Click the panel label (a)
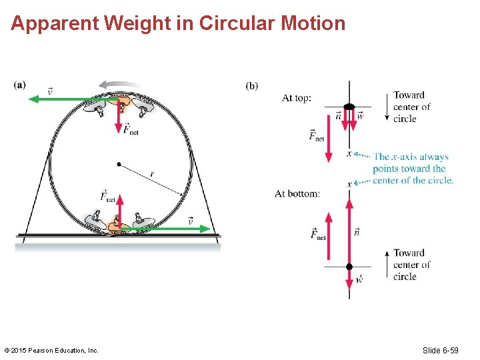pos(19,85)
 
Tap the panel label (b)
pos(252,85)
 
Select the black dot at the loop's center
pos(119,163)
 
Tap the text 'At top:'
pos(297,98)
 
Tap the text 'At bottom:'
pos(297,194)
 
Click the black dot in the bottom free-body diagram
pos(349,267)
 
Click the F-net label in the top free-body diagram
pos(317,135)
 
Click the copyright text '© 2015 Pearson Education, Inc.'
pos(51,350)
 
